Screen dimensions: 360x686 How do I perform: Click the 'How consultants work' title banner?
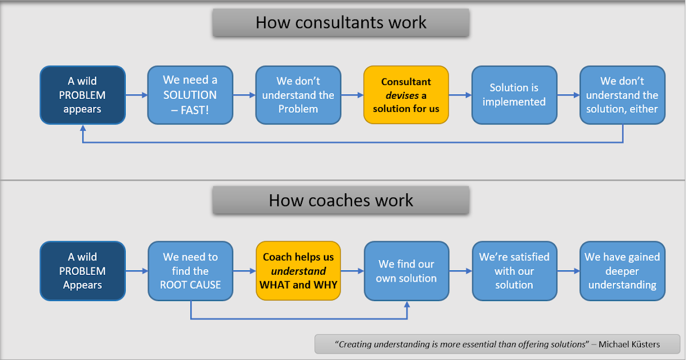click(341, 23)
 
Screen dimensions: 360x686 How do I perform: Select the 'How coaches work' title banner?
click(341, 201)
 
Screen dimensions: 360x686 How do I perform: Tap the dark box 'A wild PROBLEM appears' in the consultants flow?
click(82, 95)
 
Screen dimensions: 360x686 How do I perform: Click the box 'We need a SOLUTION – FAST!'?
click(190, 95)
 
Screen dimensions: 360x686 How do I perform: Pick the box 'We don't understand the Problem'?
click(298, 95)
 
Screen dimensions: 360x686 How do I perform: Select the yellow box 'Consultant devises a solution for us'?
click(406, 95)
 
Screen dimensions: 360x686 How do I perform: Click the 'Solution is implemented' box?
click(514, 95)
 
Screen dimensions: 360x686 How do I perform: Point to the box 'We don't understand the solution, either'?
click(622, 95)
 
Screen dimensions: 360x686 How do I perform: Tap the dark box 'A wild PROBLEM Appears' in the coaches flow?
click(82, 271)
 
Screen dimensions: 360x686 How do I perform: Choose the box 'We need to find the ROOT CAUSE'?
click(190, 271)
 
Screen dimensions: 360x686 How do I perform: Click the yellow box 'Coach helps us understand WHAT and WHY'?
click(298, 271)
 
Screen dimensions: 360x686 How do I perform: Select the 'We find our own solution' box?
click(406, 271)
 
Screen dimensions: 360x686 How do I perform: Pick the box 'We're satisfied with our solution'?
click(514, 271)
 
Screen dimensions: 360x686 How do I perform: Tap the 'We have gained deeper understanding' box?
click(622, 271)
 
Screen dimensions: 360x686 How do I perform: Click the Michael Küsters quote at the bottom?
click(497, 344)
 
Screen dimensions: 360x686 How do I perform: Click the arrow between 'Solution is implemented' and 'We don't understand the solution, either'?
click(568, 95)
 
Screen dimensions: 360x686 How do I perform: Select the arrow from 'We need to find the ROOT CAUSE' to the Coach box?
click(244, 271)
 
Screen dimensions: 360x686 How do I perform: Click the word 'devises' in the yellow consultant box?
click(402, 95)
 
